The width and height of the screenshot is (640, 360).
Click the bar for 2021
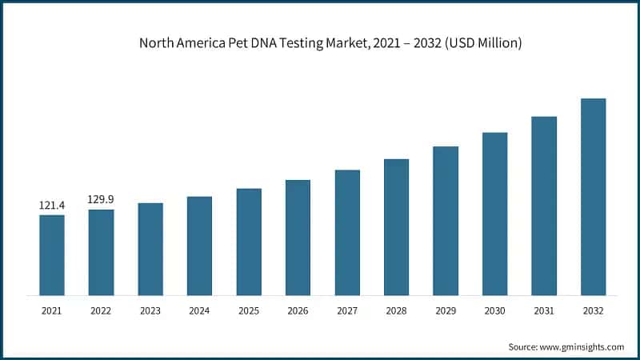tap(52, 254)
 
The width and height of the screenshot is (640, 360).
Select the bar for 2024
tap(199, 246)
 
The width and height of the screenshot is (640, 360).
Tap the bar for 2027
tap(347, 232)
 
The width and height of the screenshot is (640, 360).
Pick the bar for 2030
tap(494, 214)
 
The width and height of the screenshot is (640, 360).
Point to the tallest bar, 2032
tap(593, 196)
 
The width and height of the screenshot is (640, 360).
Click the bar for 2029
tap(446, 221)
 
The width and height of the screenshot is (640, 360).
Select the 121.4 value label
tap(52, 206)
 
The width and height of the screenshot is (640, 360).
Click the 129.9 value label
tap(101, 199)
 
